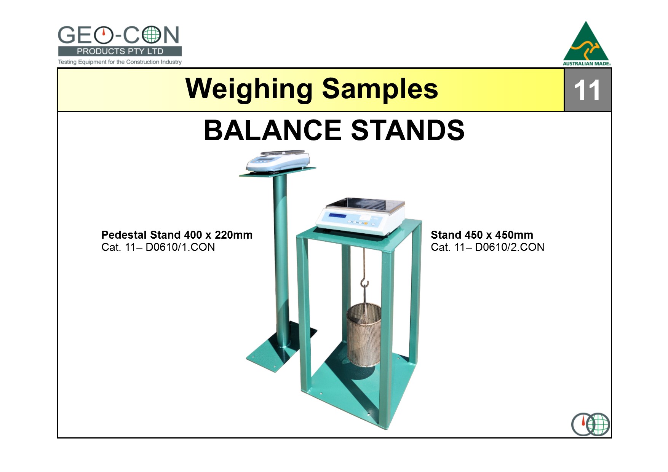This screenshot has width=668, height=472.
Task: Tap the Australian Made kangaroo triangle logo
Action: tap(586, 43)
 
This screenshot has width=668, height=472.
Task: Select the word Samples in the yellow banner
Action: tap(380, 89)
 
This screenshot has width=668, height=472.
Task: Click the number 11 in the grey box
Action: tap(587, 91)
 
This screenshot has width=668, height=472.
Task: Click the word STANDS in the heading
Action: tap(408, 130)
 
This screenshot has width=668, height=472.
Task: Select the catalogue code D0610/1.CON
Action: tap(180, 247)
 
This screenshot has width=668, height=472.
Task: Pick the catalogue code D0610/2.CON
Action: tap(510, 247)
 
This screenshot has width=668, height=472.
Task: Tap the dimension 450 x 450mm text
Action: tap(502, 235)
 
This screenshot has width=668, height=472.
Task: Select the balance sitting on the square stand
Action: tap(360, 216)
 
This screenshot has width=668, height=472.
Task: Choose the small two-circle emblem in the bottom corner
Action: tap(591, 424)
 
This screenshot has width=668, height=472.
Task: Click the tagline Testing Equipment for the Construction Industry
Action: tap(120, 62)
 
